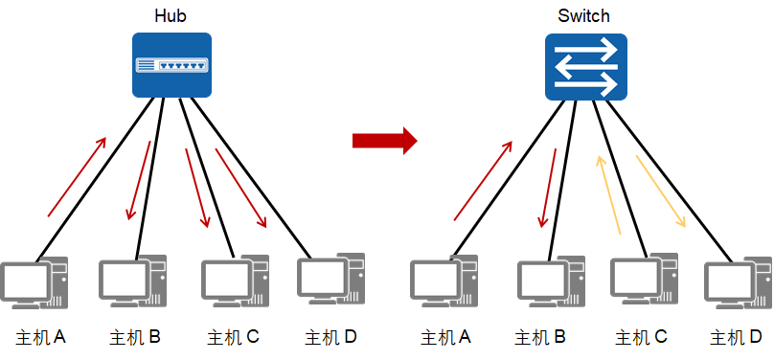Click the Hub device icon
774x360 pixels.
click(171, 64)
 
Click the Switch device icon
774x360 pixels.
click(585, 66)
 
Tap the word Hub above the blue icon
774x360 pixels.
click(171, 16)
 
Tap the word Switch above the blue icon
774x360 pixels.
click(583, 16)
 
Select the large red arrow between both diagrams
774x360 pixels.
click(384, 141)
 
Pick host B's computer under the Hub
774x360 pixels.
click(133, 282)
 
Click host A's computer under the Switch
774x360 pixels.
click(444, 284)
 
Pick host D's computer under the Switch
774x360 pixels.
click(738, 284)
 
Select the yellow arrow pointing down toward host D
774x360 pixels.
click(662, 191)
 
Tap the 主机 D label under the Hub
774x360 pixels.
click(330, 337)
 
